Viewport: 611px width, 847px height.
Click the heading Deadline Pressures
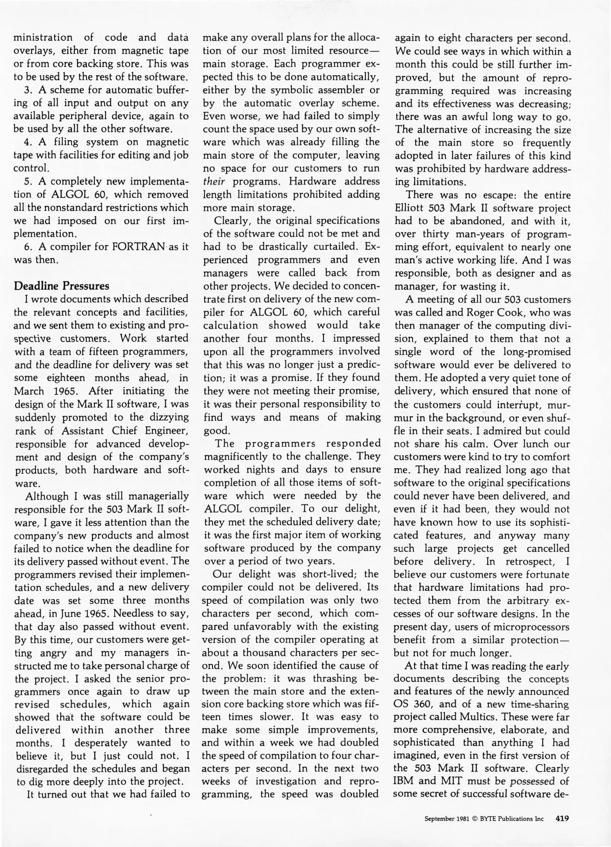62,285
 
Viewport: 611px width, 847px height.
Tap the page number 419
562,818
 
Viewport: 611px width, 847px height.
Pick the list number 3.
28,90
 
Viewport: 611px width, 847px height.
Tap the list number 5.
28,182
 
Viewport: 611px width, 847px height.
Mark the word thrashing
331,678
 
